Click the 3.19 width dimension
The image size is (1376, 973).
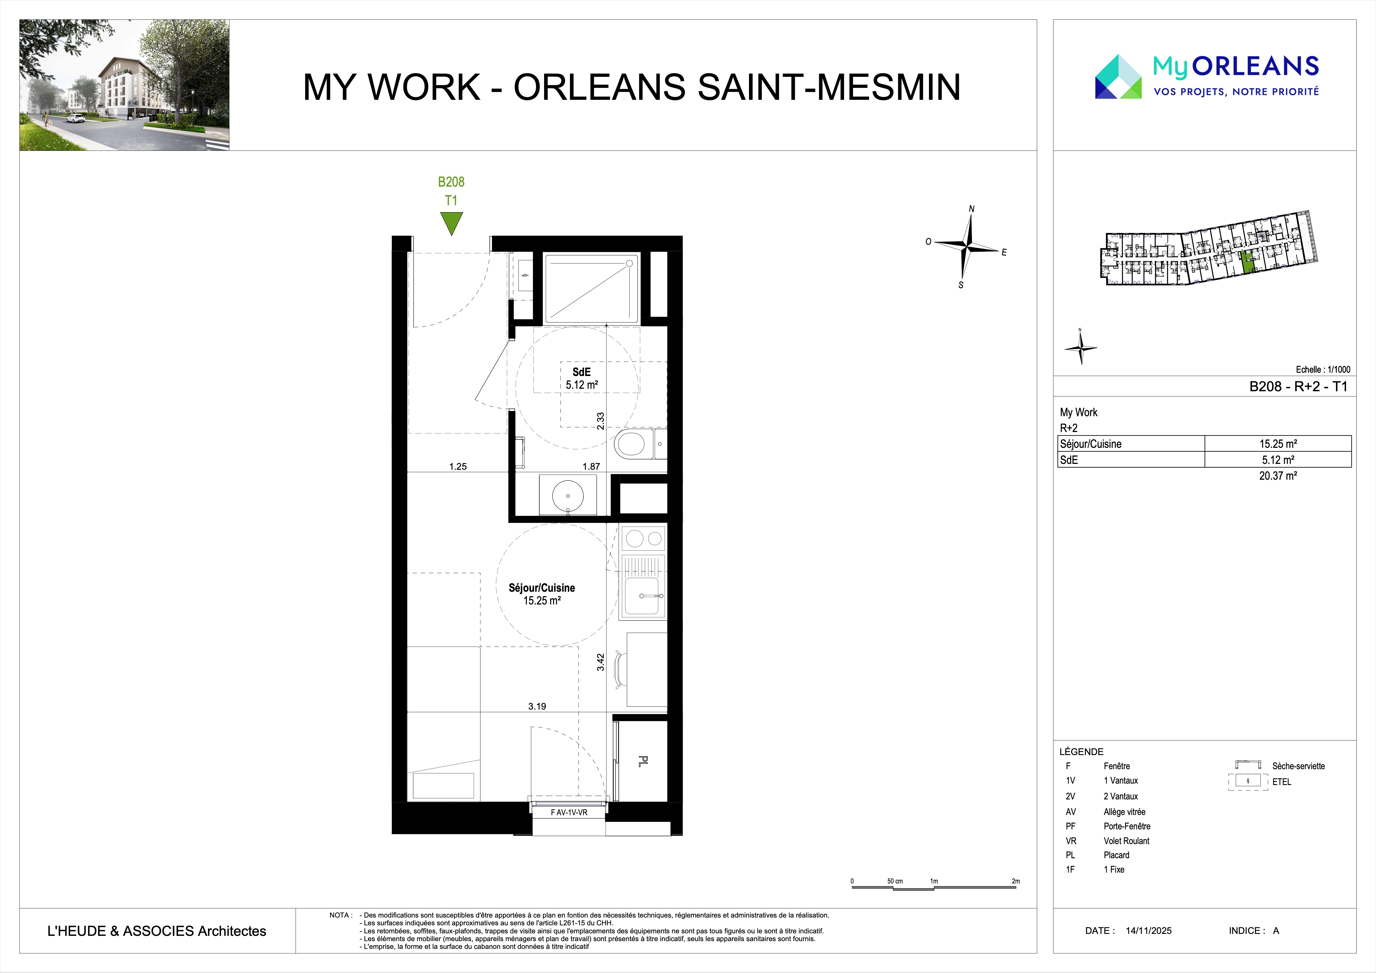(537, 706)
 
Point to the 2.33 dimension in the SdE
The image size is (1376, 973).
(600, 421)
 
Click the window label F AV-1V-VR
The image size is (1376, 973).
(569, 812)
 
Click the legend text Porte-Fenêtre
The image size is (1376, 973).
(1127, 826)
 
